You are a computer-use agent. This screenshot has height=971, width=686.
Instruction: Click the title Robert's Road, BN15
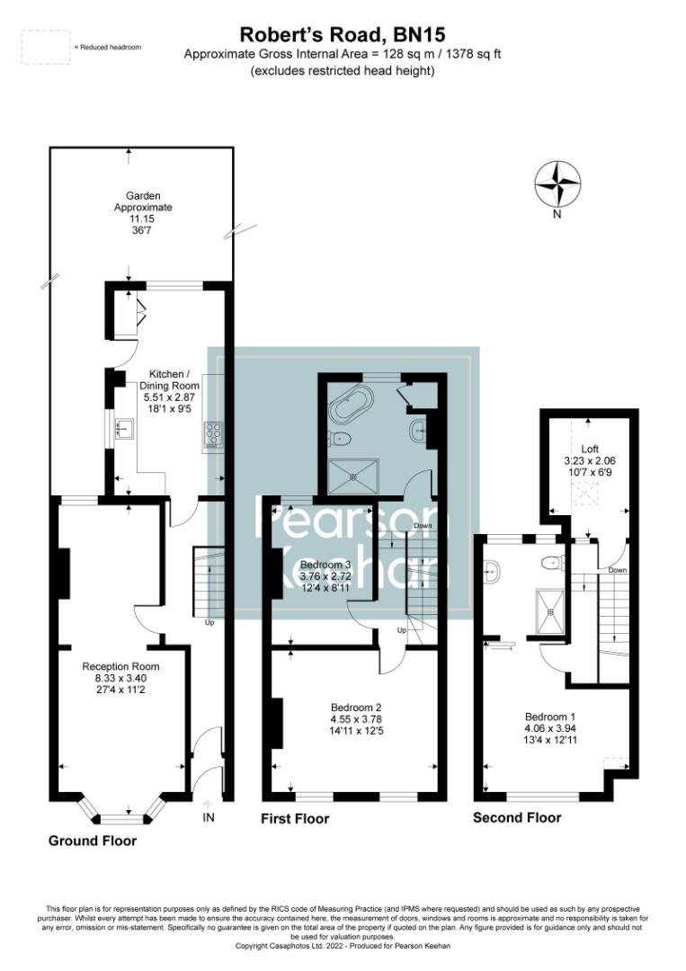pyautogui.click(x=342, y=35)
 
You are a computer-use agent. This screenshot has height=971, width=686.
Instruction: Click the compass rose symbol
pyautogui.click(x=557, y=183)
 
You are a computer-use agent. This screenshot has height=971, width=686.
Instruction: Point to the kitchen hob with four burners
pyautogui.click(x=215, y=435)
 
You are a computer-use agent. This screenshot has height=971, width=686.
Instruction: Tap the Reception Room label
pyautogui.click(x=120, y=679)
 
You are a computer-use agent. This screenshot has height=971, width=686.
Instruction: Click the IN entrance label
pyautogui.click(x=209, y=817)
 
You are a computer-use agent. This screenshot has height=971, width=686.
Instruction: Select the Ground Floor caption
pyautogui.click(x=93, y=841)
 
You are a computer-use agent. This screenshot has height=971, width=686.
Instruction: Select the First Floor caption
pyautogui.click(x=295, y=818)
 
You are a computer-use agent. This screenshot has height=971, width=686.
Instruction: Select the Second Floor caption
pyautogui.click(x=517, y=817)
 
